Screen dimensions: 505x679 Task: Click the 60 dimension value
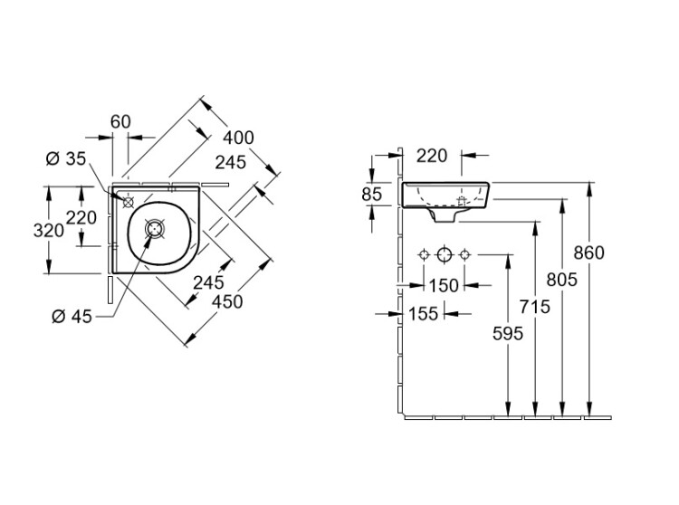pos(120,120)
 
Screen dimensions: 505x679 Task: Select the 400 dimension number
pos(238,138)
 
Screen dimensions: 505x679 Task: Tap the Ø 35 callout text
pos(65,159)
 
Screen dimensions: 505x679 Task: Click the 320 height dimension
pos(48,230)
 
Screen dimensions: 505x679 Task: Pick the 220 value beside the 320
pos(81,218)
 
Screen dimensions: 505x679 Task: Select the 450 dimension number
pos(227,301)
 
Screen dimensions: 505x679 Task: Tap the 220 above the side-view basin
pos(433,156)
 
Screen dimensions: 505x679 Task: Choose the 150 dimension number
pos(444,286)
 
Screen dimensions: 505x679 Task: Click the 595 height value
pos(508,333)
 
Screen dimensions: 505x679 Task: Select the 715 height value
pos(536,308)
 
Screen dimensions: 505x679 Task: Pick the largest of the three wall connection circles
pos(444,255)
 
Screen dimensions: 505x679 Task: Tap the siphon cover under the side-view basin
pos(445,217)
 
